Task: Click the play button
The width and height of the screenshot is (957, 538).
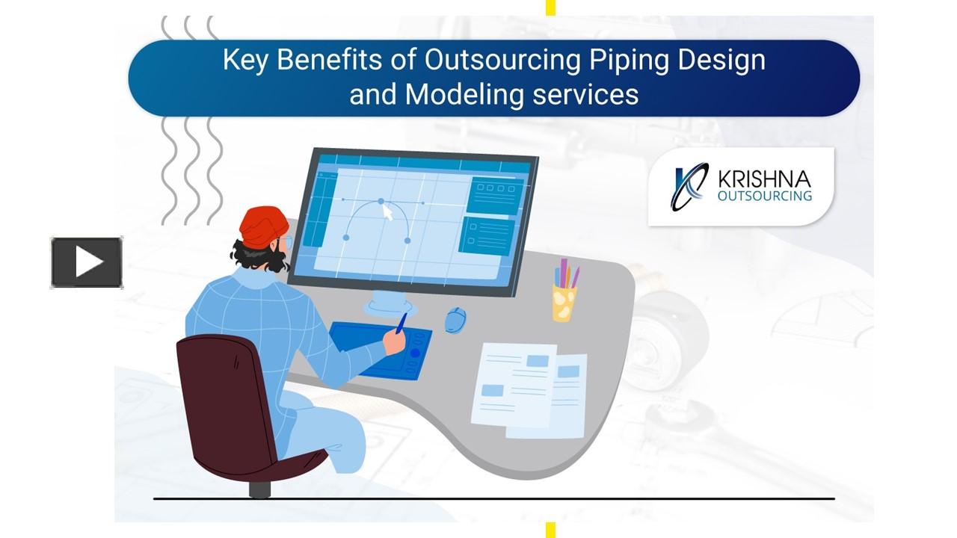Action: point(87,262)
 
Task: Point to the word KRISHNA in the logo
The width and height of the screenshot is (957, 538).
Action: point(763,179)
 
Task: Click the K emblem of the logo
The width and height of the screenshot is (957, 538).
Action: point(689,187)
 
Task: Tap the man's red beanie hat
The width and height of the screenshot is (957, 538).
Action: point(264,226)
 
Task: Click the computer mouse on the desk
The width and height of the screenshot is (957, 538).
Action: point(455,319)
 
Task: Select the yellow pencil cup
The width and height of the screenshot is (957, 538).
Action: point(564,301)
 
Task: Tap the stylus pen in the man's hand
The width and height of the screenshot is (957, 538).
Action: point(401,323)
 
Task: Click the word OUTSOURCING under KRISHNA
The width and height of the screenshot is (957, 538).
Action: point(764,196)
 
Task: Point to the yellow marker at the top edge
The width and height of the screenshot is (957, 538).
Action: point(550,7)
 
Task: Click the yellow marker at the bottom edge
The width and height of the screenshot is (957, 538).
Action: point(550,530)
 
